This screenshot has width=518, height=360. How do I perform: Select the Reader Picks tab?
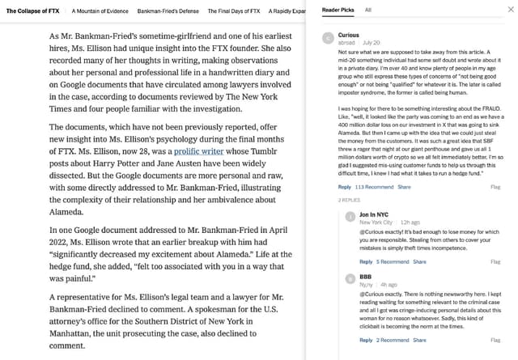click(338, 10)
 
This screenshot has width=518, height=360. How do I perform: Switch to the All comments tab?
click(368, 10)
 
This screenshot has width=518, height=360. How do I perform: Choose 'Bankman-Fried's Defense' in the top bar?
click(168, 11)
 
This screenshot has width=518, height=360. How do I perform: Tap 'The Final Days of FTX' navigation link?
click(234, 11)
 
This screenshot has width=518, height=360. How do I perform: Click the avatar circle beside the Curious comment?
click(327, 38)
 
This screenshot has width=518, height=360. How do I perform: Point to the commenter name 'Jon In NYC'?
click(374, 214)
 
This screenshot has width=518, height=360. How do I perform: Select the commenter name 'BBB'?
click(365, 277)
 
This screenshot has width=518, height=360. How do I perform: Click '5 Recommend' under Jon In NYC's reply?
click(393, 262)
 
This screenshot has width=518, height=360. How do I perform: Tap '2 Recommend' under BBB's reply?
click(393, 340)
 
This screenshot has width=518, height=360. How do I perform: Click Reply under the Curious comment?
click(344, 187)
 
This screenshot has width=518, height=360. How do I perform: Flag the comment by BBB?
click(495, 340)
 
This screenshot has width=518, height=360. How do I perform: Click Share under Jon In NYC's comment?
click(419, 262)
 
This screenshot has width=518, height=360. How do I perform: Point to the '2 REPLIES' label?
click(349, 200)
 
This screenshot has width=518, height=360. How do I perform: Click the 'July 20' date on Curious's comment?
click(372, 42)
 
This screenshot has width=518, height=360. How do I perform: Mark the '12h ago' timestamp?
click(410, 222)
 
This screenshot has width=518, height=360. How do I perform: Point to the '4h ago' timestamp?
click(389, 285)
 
